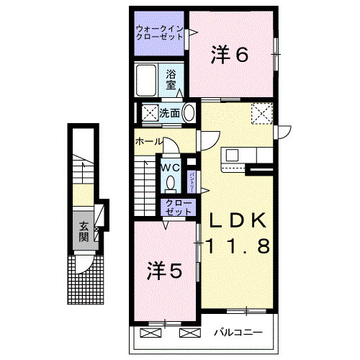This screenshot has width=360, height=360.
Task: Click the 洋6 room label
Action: coord(230,55)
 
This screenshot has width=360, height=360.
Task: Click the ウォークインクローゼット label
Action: coord(159,33)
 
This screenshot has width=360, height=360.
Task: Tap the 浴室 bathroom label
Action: coord(171,78)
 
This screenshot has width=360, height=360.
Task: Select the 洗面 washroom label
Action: coord(170,112)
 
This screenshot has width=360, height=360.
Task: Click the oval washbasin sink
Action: coord(189,112)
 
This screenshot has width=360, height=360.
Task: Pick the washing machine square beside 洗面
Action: coord(150,112)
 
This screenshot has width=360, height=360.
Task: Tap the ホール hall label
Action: coord(149,142)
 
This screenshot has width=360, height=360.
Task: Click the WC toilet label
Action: coord(170,166)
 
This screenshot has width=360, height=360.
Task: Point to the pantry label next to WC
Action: coord(192,176)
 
